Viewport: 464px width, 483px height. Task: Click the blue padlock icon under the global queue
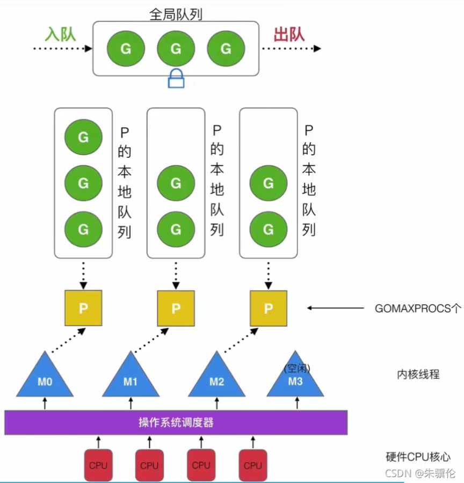pyautogui.click(x=176, y=79)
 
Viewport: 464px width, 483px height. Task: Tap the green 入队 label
pyautogui.click(x=60, y=34)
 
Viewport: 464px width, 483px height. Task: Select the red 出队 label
pyautogui.click(x=289, y=34)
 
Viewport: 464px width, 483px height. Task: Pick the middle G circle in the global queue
pyautogui.click(x=176, y=49)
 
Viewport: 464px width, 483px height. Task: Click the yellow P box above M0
pyautogui.click(x=83, y=308)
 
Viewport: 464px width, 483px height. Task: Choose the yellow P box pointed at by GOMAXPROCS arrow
pyautogui.click(x=268, y=308)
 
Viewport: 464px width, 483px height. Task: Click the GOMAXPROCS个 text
pyautogui.click(x=418, y=309)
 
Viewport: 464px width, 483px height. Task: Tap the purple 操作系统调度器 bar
pyautogui.click(x=176, y=422)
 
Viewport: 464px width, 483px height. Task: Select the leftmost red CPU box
pyautogui.click(x=98, y=465)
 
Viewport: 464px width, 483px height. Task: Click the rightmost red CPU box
pyautogui.click(x=252, y=465)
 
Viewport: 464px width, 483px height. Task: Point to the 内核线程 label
pyautogui.click(x=418, y=375)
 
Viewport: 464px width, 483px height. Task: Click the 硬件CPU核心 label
pyautogui.click(x=418, y=457)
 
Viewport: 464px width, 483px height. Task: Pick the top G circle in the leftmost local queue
pyautogui.click(x=83, y=137)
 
